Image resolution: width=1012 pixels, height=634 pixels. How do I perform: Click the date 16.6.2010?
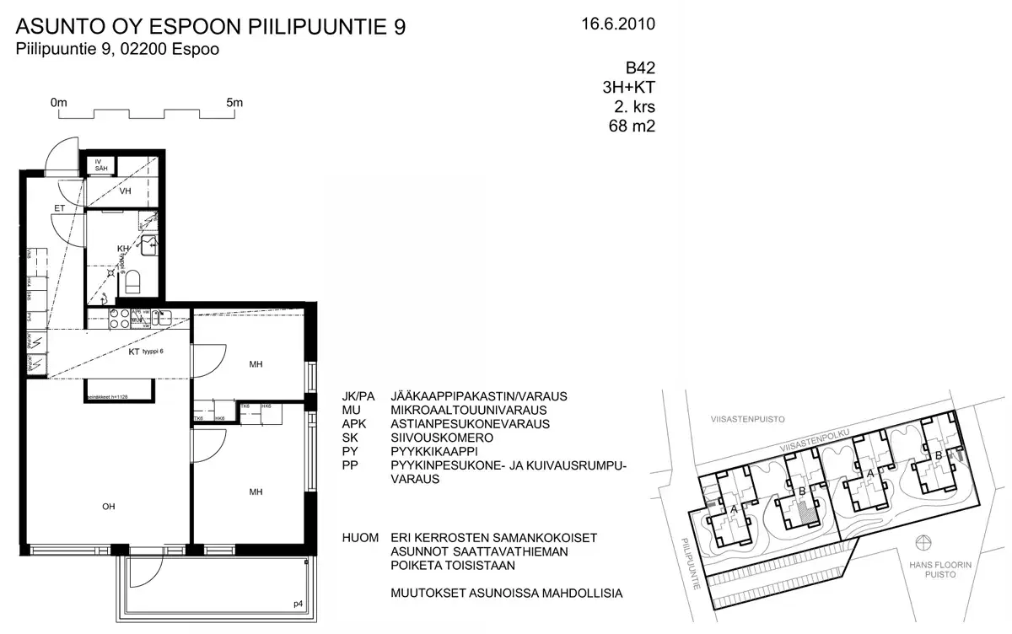click(617, 24)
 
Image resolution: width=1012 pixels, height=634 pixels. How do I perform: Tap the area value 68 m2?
click(632, 127)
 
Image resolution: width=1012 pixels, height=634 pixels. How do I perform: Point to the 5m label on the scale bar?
click(234, 103)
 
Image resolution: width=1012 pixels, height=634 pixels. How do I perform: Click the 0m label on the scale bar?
click(59, 103)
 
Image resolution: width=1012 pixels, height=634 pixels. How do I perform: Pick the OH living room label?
click(109, 506)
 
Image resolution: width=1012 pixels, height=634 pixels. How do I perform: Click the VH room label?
click(126, 191)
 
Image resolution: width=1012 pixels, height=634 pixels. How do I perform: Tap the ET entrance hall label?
click(60, 207)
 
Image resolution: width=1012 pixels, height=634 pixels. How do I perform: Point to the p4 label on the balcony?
click(297, 604)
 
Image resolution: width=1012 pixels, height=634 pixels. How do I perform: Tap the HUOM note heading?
click(361, 538)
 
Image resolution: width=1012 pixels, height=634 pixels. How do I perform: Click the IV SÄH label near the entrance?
click(100, 164)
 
